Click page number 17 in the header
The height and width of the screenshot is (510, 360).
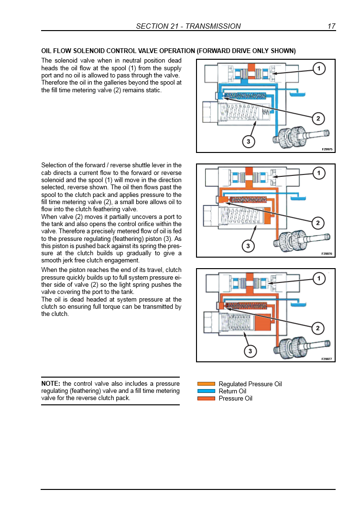pyautogui.click(x=331, y=26)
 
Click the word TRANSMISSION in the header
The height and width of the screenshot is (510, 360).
pyautogui.click(x=213, y=26)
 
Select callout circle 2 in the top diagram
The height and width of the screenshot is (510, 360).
pyautogui.click(x=318, y=119)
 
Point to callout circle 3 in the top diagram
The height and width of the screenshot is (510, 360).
pyautogui.click(x=248, y=141)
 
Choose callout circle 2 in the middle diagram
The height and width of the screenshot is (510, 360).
pyautogui.click(x=318, y=223)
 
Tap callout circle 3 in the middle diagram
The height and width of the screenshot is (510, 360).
pyautogui.click(x=248, y=246)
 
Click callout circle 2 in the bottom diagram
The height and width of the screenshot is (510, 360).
pyautogui.click(x=318, y=328)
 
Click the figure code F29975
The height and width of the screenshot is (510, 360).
pyautogui.click(x=327, y=149)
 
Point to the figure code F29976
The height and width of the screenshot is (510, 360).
pyautogui.click(x=327, y=254)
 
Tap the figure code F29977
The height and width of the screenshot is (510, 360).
pyautogui.click(x=327, y=358)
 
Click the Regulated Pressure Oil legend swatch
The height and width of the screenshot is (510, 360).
pyautogui.click(x=206, y=384)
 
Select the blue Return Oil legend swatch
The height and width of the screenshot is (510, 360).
pyautogui.click(x=206, y=391)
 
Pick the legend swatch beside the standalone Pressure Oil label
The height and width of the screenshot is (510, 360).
pyautogui.click(x=206, y=398)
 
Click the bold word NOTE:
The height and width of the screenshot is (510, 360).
pyautogui.click(x=51, y=383)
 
